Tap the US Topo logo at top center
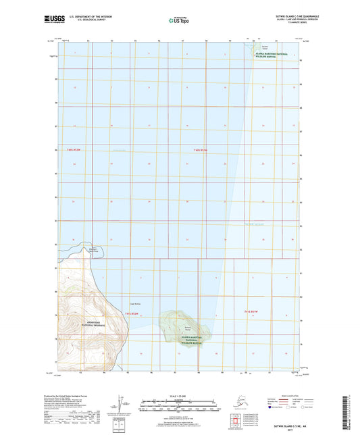178,20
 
